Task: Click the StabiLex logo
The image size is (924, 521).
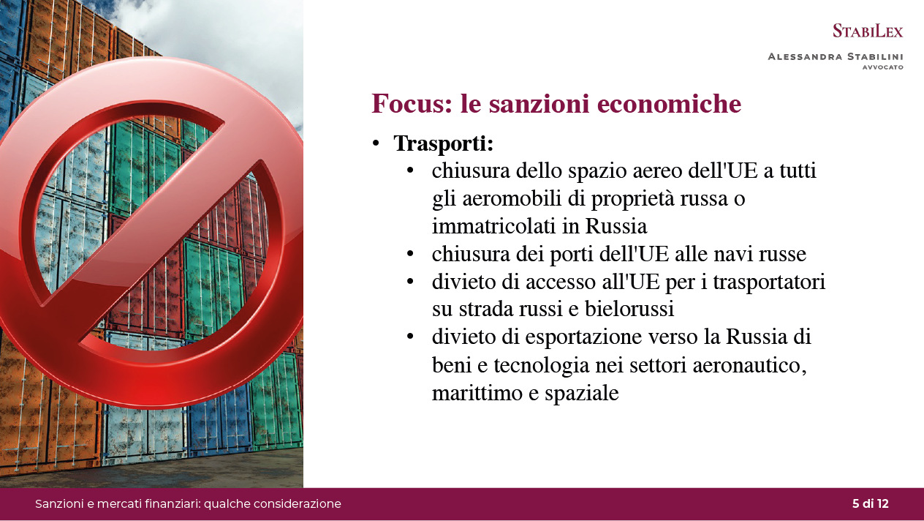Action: tap(868, 31)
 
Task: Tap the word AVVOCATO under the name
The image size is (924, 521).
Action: tap(883, 67)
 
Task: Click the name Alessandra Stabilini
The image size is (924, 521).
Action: tap(836, 56)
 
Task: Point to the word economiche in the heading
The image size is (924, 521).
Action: tap(669, 103)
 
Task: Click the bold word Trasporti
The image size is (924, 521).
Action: tap(444, 143)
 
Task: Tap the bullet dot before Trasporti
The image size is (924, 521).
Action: tap(376, 143)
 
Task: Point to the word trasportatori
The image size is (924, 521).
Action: tap(769, 282)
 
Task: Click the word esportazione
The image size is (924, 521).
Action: tap(583, 337)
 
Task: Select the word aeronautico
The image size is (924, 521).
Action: tap(749, 365)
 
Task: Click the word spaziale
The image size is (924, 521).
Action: tap(582, 393)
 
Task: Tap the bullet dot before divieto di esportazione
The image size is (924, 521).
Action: tap(410, 337)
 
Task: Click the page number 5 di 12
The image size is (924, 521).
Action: tap(871, 503)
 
